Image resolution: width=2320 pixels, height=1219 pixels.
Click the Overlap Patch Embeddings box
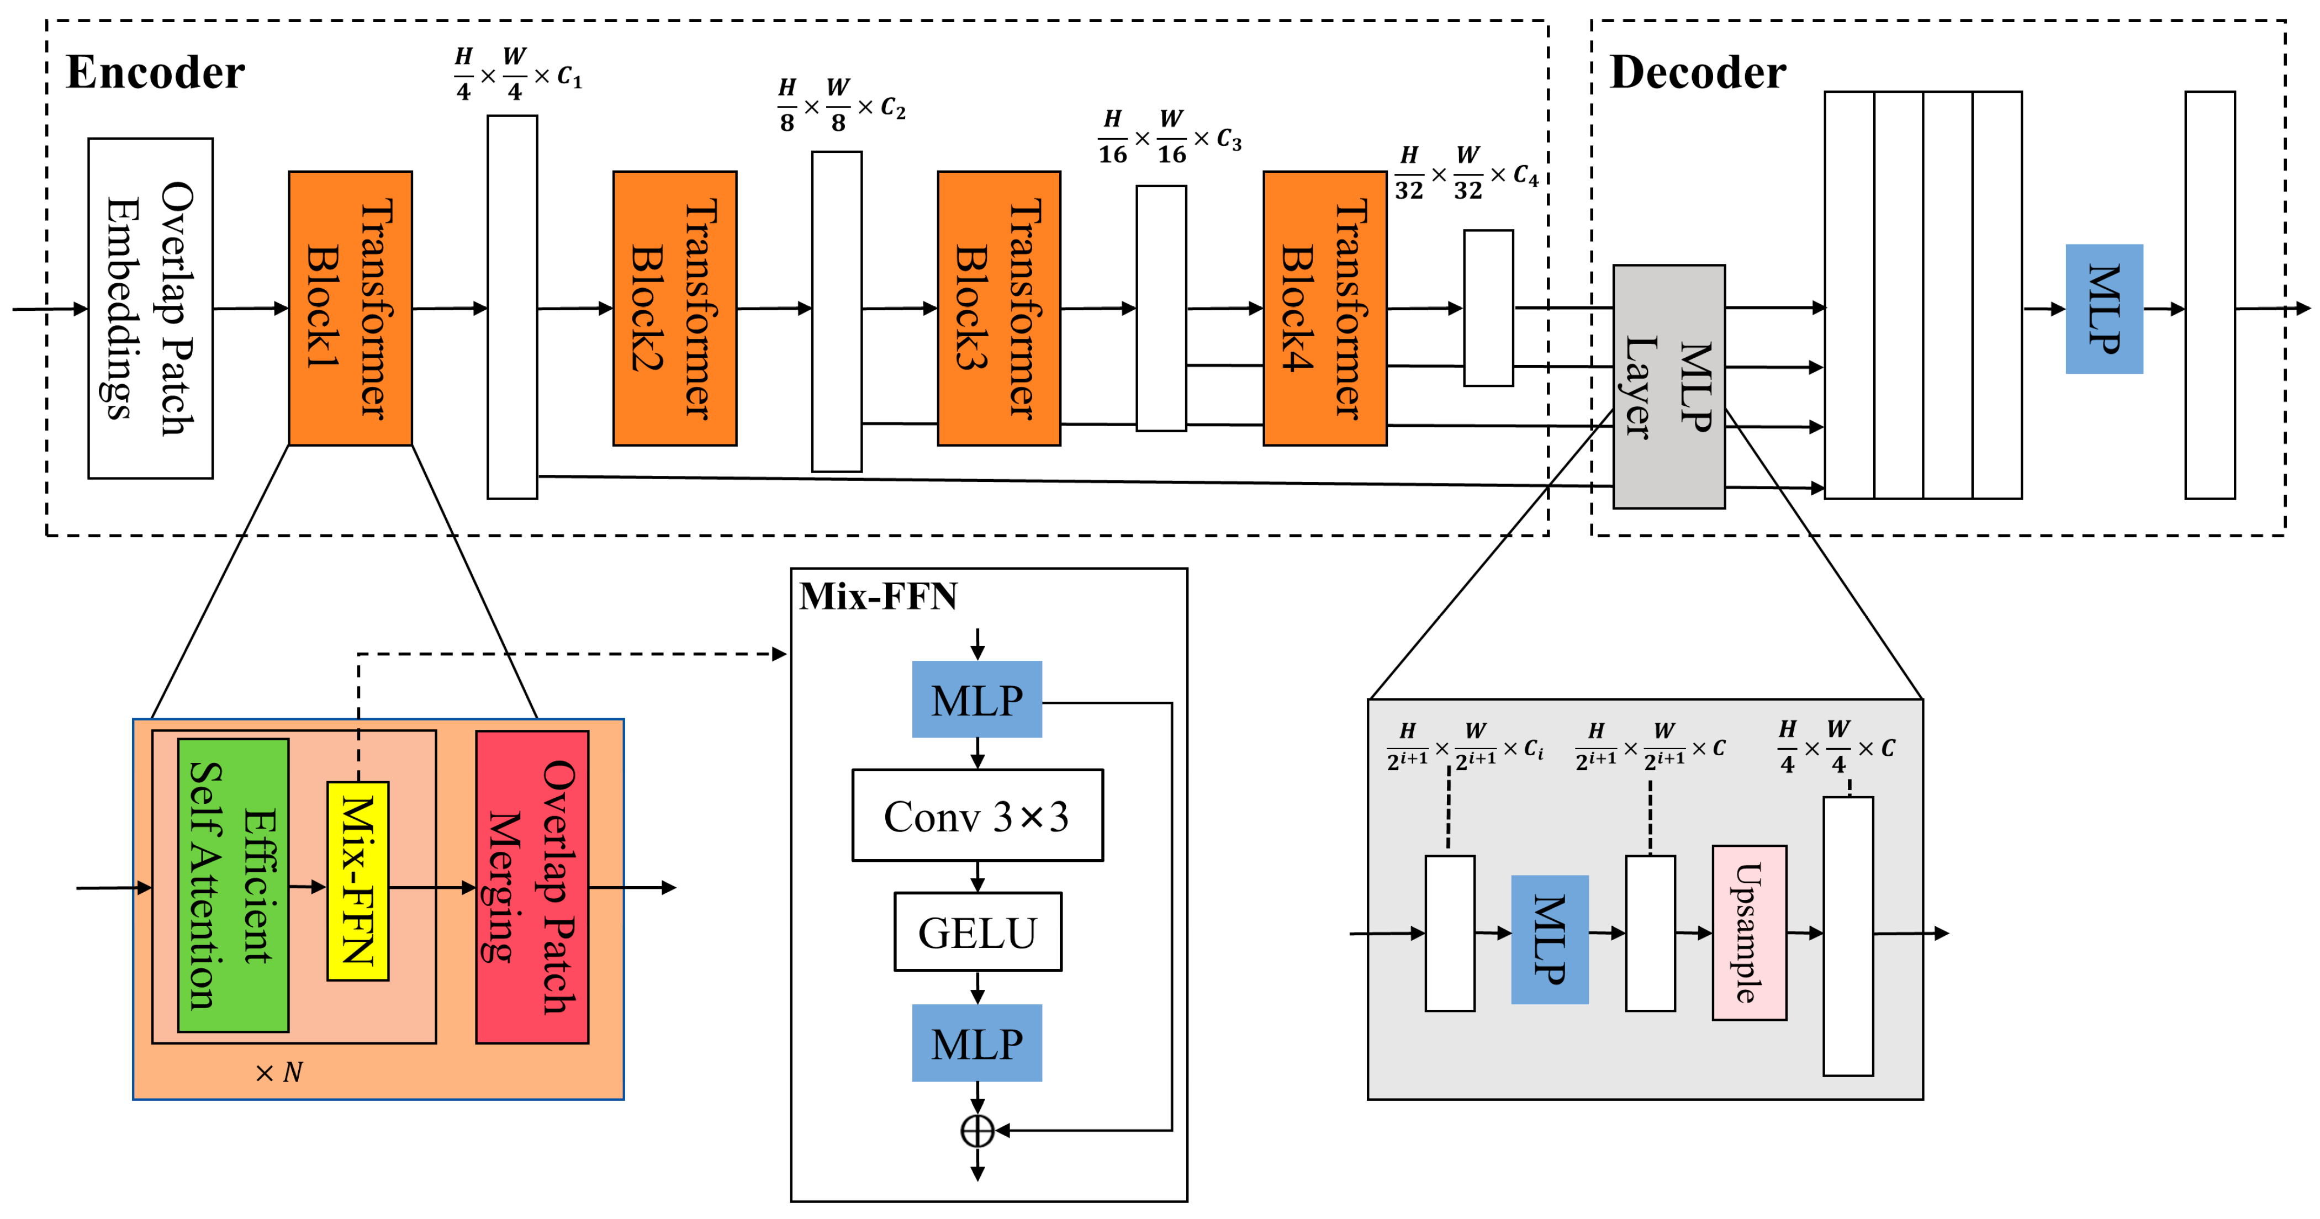click(150, 308)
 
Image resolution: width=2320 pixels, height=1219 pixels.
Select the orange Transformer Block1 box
click(350, 308)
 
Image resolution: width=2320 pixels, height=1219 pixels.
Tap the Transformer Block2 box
click(674, 308)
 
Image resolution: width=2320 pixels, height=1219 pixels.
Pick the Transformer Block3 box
click(999, 308)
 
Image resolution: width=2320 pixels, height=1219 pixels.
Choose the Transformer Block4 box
click(1324, 308)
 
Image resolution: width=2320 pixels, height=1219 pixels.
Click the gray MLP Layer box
click(1668, 386)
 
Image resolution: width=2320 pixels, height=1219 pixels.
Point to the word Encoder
click(155, 72)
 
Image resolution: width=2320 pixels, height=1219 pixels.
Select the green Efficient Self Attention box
click(233, 885)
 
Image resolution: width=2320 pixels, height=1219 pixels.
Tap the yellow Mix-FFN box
click(357, 881)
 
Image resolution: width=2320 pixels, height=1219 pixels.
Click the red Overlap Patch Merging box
click(532, 887)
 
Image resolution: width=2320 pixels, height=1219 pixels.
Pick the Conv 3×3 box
click(977, 815)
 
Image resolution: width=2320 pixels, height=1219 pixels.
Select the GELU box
click(977, 932)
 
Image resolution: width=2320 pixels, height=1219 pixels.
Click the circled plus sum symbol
click(977, 1131)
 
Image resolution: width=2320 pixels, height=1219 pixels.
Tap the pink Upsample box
click(1749, 932)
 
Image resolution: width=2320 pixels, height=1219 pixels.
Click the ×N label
click(279, 1072)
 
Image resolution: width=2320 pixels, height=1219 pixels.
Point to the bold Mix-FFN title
click(878, 596)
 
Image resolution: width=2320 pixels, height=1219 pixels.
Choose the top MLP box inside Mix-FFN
click(977, 699)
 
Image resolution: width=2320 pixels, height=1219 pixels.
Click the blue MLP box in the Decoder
click(2104, 309)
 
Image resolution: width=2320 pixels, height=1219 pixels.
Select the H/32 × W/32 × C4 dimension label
click(1466, 173)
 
